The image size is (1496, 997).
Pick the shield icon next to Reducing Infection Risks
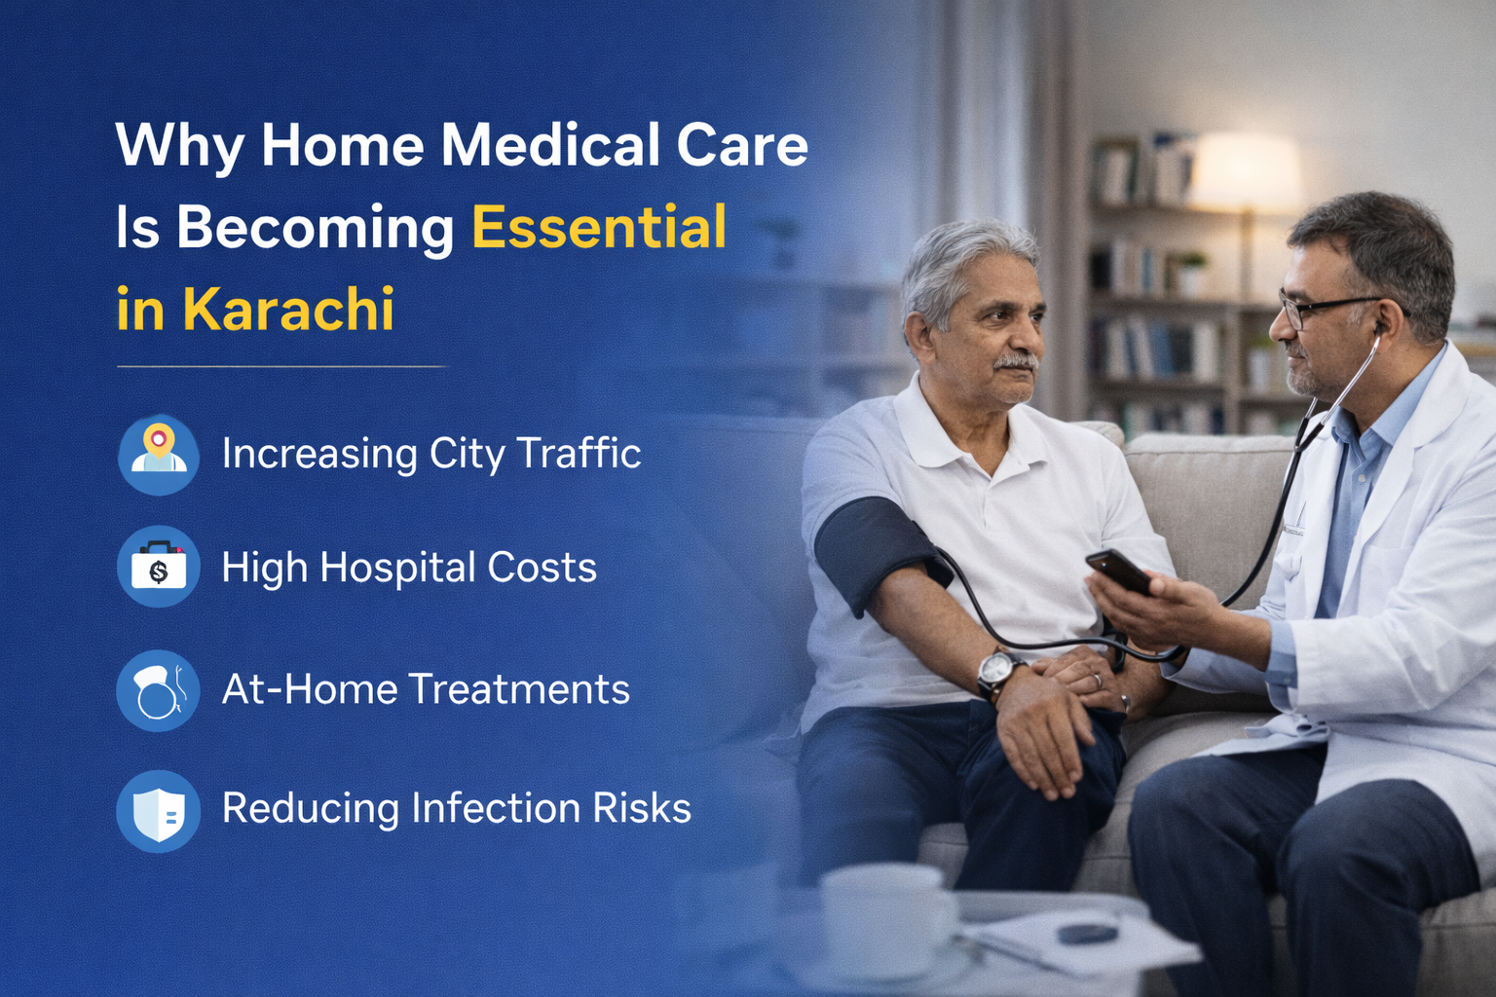(x=159, y=811)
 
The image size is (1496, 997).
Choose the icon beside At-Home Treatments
(x=159, y=690)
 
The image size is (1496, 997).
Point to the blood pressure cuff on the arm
(x=880, y=552)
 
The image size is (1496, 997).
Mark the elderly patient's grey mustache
(x=1016, y=361)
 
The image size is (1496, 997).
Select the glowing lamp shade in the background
(x=1247, y=170)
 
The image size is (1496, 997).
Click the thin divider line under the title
(x=281, y=367)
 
